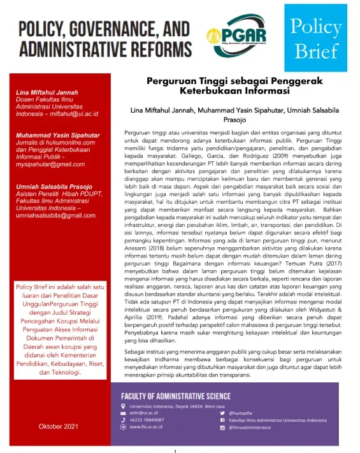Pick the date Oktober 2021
58,425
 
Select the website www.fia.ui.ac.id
147,428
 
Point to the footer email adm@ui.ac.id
143,413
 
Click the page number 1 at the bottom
175,450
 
